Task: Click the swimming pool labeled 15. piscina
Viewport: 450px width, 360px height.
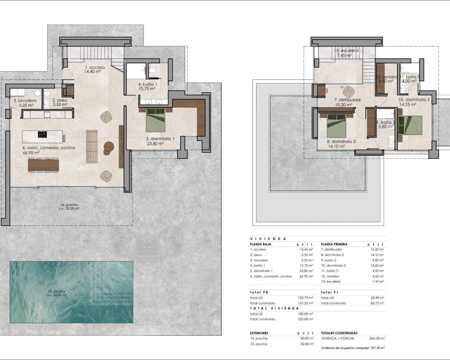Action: (x=71, y=292)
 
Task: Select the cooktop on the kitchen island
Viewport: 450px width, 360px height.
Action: (x=42, y=134)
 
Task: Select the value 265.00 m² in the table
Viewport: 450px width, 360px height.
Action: (x=377, y=338)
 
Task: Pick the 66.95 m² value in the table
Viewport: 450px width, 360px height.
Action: (x=306, y=276)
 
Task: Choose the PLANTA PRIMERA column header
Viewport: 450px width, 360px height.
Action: (x=334, y=244)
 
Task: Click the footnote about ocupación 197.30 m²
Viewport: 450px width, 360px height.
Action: (x=353, y=348)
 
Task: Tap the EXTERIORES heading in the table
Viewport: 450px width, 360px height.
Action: (x=259, y=333)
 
